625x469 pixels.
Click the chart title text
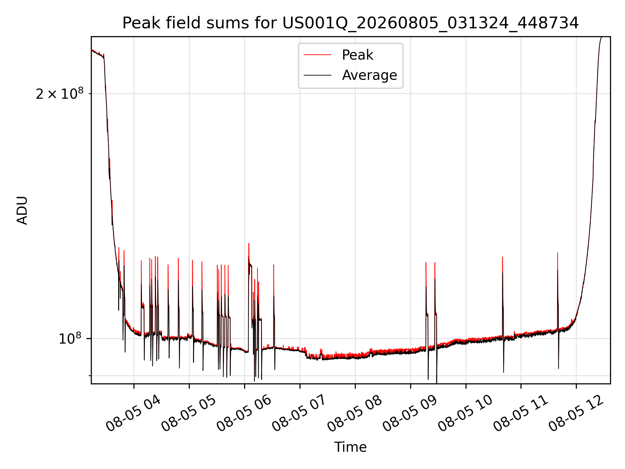pyautogui.click(x=351, y=23)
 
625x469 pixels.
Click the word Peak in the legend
pyautogui.click(x=357, y=55)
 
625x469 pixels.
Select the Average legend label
pyautogui.click(x=369, y=75)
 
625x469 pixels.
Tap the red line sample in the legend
pyautogui.click(x=317, y=55)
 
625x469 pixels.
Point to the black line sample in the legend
pyautogui.click(x=317, y=75)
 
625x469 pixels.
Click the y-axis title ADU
pyautogui.click(x=22, y=210)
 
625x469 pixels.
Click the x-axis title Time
pyautogui.click(x=351, y=447)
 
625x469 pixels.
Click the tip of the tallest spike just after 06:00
pyautogui.click(x=249, y=243)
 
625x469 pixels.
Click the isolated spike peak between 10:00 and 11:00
pyautogui.click(x=503, y=257)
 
